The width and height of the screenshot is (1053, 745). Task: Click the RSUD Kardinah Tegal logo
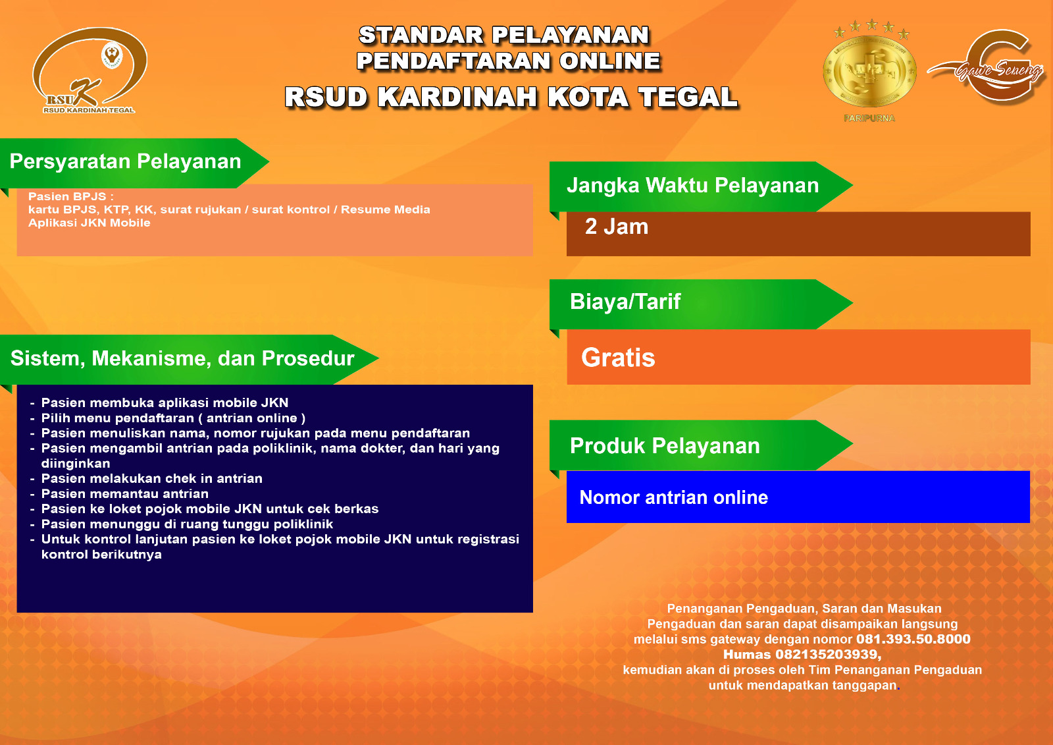click(90, 70)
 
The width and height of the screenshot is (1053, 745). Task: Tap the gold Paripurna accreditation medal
click(869, 70)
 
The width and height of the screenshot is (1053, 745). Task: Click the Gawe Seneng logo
click(987, 67)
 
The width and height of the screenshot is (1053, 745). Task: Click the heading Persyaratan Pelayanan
click(126, 161)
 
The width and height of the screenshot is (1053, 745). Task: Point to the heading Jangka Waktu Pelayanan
click(692, 185)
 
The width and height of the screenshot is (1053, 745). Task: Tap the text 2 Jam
click(616, 227)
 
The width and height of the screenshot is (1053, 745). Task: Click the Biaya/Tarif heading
click(625, 302)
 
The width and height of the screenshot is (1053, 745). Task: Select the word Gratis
click(618, 358)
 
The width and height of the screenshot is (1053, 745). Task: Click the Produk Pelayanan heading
click(665, 446)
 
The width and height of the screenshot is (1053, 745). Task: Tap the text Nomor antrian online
click(674, 497)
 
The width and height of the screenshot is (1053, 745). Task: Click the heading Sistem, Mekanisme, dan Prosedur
click(182, 358)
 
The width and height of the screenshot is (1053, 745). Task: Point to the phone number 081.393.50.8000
click(913, 639)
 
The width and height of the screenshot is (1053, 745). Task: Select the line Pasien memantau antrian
click(124, 493)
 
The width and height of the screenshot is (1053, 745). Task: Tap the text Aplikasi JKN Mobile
click(90, 223)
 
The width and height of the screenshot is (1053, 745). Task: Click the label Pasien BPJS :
click(71, 197)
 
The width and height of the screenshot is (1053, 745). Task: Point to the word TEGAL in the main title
click(688, 97)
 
